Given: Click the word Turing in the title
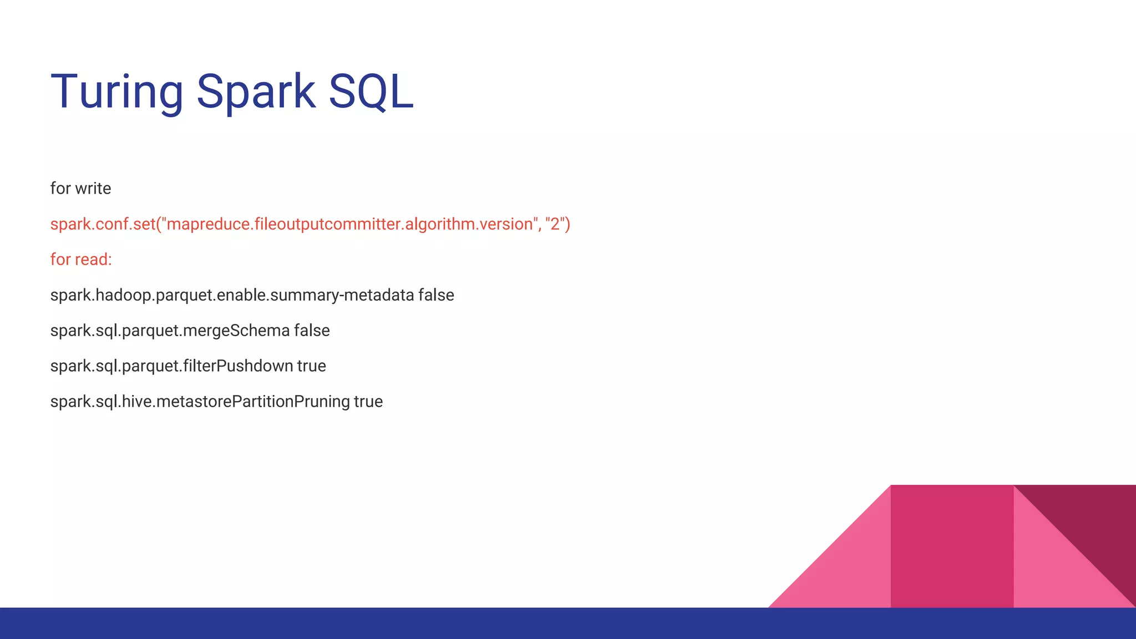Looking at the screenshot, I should point(116,92).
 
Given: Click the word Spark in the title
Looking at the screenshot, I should point(256,92).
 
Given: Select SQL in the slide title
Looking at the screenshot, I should point(371,92).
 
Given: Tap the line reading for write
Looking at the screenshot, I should point(80,189).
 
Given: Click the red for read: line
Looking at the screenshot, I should point(81,260).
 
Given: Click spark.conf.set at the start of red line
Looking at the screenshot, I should point(103,224).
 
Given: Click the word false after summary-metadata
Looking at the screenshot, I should point(436,295).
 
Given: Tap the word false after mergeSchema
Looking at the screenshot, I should point(312,331).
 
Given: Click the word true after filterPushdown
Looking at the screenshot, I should point(311,366).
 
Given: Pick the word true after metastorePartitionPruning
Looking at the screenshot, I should point(368,402).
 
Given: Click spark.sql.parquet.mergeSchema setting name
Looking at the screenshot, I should point(170,331).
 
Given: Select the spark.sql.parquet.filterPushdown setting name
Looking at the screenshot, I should point(171,366).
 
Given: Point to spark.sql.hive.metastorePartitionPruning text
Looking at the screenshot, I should point(200,402).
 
